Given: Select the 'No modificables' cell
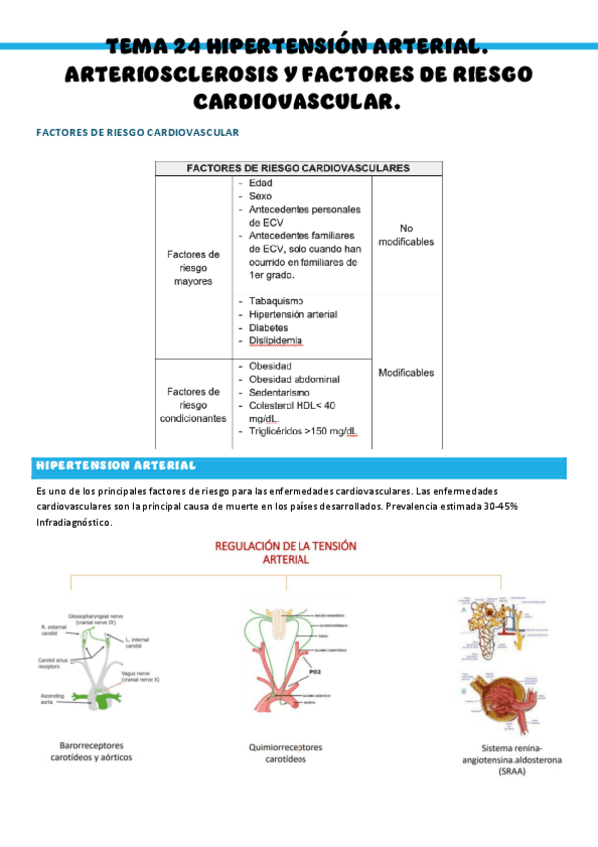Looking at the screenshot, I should (x=405, y=235).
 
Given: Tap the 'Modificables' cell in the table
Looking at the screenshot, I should (x=405, y=373).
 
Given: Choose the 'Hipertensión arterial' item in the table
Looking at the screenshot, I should (x=293, y=314).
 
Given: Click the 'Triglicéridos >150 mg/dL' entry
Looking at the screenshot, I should (x=303, y=431).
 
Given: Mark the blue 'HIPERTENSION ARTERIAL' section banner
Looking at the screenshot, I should (x=116, y=466).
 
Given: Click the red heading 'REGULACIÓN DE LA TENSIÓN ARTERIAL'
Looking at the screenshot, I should (x=286, y=553).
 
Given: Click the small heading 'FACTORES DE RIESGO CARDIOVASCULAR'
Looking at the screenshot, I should (x=137, y=131).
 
